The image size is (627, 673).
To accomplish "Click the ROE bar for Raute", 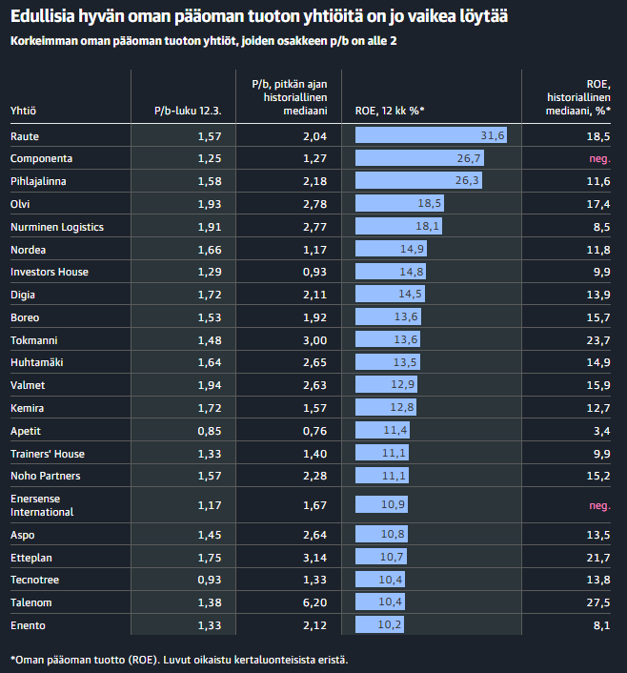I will tap(432, 135).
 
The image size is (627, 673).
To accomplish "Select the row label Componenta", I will tap(41, 158).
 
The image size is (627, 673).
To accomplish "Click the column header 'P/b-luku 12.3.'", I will tap(188, 112).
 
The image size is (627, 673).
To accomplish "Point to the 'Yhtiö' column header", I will tap(23, 112).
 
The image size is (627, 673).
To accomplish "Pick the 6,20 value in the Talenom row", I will tap(314, 602).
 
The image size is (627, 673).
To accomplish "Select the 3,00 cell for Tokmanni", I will tap(314, 340).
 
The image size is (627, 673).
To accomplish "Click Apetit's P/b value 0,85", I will tap(209, 431).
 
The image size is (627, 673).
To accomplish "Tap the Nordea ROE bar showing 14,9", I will tap(391, 250).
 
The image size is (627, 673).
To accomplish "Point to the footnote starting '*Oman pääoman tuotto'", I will tap(179, 659).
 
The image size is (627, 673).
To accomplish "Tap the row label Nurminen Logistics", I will tap(56, 227).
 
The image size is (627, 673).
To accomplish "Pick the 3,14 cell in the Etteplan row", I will tap(314, 557).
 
